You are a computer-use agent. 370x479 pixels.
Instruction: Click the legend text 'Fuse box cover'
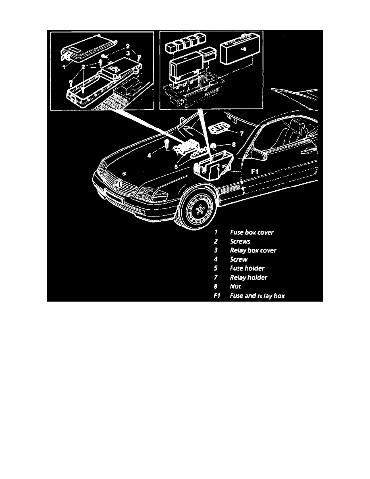click(252, 232)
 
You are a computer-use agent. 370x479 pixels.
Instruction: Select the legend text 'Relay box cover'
click(253, 250)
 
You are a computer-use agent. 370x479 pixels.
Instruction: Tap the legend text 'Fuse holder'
click(247, 269)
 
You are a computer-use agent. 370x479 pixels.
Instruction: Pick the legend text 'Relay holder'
click(248, 277)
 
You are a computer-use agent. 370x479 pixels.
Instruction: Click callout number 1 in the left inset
click(63, 68)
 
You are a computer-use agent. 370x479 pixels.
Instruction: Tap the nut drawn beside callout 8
click(214, 146)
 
